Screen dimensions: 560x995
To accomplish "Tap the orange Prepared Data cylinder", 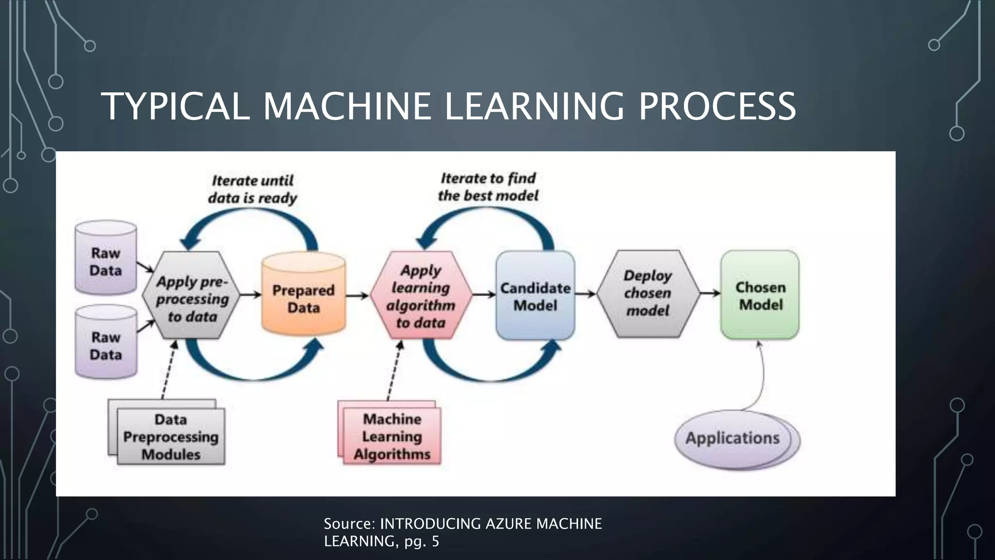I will [303, 297].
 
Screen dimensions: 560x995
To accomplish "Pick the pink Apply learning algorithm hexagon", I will [421, 295].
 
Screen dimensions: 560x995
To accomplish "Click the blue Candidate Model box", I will [535, 296].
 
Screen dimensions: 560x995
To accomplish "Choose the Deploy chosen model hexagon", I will [648, 294].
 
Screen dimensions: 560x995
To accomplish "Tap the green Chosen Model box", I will [760, 295].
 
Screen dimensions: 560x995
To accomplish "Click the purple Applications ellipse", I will [733, 438].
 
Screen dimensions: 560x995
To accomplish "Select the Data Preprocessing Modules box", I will [171, 437].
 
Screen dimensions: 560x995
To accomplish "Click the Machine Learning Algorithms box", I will [392, 437].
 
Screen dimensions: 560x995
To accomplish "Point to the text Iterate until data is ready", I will [252, 190].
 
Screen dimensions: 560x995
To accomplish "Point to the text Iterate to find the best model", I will [488, 187].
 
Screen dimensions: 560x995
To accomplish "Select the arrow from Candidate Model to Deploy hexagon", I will [585, 294].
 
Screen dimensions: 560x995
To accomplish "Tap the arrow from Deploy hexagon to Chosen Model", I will [710, 293].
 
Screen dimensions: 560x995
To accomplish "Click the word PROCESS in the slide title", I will [717, 106].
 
